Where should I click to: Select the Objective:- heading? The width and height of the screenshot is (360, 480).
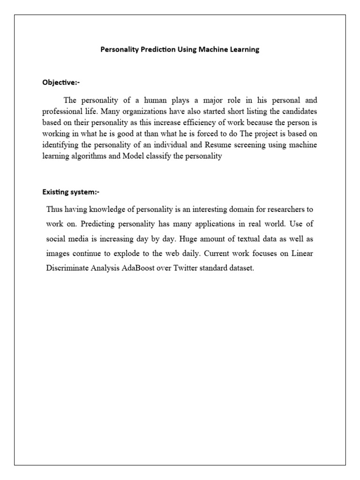pyautogui.click(x=61, y=82)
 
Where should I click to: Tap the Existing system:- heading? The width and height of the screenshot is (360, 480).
pyautogui.click(x=71, y=192)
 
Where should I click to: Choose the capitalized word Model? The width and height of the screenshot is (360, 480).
pyautogui.click(x=134, y=157)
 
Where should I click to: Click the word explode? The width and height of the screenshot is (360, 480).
pyautogui.click(x=138, y=254)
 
